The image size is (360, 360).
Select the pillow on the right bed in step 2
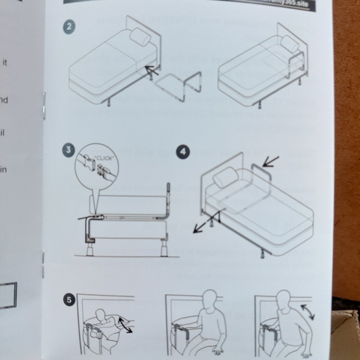coord(289,43)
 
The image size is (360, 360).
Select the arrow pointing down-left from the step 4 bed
coord(203,225)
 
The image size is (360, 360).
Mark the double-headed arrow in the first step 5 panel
coord(125,325)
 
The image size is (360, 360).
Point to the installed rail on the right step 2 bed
coord(300,62)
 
